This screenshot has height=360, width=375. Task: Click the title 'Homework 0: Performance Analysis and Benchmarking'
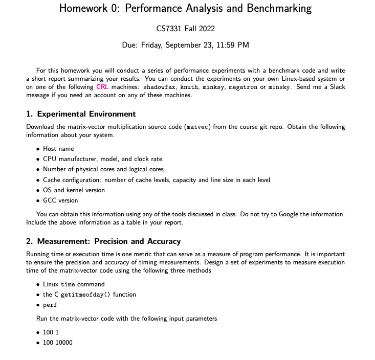(x=185, y=8)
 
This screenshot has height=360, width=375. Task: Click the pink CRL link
(x=102, y=87)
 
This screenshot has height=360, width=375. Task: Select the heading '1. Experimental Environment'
(x=81, y=114)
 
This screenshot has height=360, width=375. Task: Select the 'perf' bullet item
(x=50, y=305)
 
